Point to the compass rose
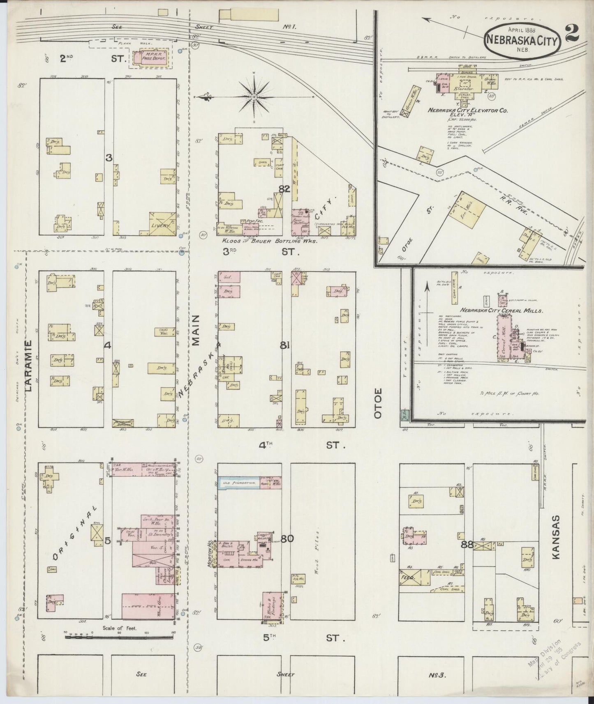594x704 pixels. [x=254, y=97]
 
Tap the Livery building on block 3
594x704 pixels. [x=162, y=224]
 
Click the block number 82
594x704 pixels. [x=284, y=189]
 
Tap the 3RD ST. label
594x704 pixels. [x=259, y=252]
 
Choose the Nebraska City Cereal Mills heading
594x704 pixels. [x=502, y=311]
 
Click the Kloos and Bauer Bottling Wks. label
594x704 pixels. [x=270, y=242]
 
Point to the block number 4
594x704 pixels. [x=108, y=346]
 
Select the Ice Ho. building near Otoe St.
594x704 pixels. [x=468, y=210]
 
